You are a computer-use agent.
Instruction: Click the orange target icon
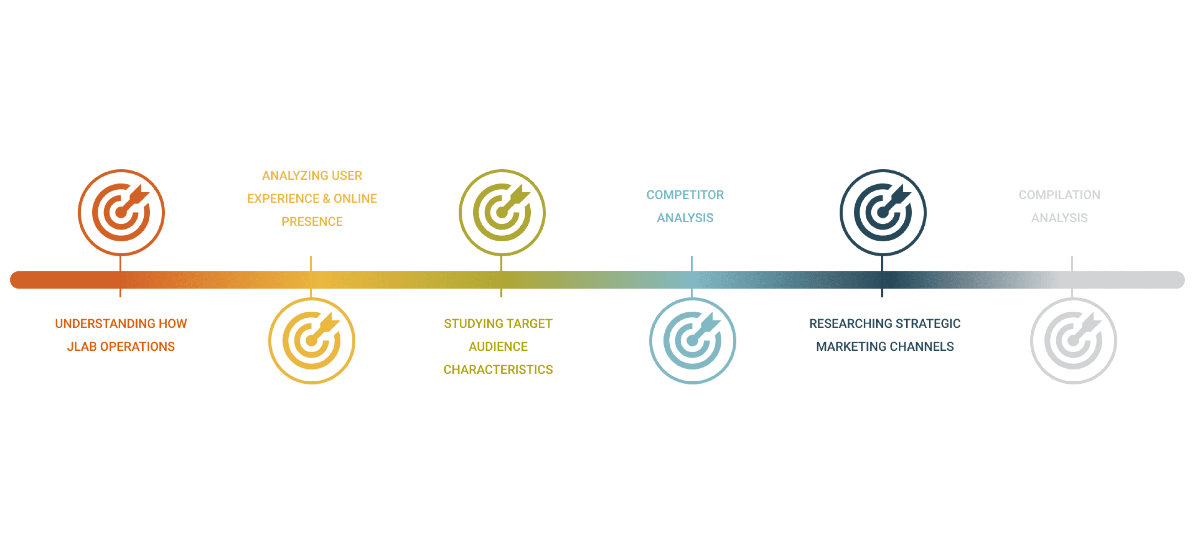[121, 212]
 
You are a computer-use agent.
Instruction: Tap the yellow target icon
[312, 341]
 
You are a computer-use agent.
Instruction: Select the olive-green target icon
[502, 212]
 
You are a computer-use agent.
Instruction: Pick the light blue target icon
[692, 341]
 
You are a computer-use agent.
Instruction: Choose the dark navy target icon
[883, 212]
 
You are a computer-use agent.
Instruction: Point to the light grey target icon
[1073, 341]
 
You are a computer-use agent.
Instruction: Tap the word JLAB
[82, 346]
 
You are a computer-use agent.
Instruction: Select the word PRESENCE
[312, 222]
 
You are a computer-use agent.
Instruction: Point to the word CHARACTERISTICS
[498, 370]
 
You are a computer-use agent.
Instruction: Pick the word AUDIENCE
[498, 346]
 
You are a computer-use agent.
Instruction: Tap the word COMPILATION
[1059, 195]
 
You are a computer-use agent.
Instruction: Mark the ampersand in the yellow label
[326, 198]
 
